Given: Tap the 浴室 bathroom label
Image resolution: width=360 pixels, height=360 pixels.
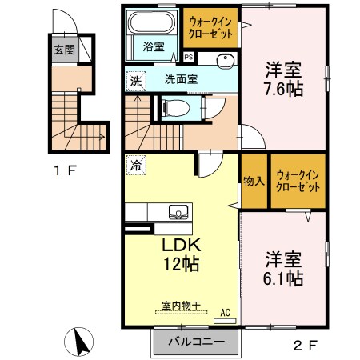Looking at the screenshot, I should tap(154, 47).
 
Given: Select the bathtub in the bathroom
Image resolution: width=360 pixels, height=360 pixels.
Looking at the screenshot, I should tap(154, 25).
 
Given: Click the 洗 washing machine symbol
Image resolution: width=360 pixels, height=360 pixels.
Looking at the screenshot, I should tap(136, 80).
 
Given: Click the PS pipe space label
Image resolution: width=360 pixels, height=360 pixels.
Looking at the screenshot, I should tap(189, 57).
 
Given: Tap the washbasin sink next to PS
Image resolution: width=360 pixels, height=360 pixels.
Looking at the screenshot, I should tap(223, 59).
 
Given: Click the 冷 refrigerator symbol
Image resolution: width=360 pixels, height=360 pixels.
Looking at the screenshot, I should tap(135, 167).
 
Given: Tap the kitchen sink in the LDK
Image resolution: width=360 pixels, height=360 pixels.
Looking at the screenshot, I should tap(178, 212).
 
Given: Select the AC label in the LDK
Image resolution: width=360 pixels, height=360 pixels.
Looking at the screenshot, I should tap(226, 313).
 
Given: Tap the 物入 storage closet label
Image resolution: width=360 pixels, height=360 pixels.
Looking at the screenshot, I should tap(254, 180).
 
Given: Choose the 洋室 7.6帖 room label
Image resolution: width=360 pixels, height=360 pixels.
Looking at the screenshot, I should tap(284, 79).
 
